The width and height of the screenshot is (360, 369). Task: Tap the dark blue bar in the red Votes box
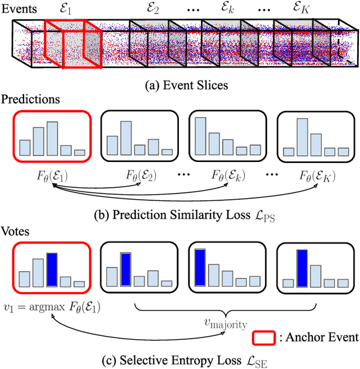click(52, 269)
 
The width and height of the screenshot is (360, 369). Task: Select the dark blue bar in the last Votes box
click(301, 268)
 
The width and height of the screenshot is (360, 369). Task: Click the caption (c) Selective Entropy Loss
click(179, 358)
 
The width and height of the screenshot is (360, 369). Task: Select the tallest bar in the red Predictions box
click(52, 138)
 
